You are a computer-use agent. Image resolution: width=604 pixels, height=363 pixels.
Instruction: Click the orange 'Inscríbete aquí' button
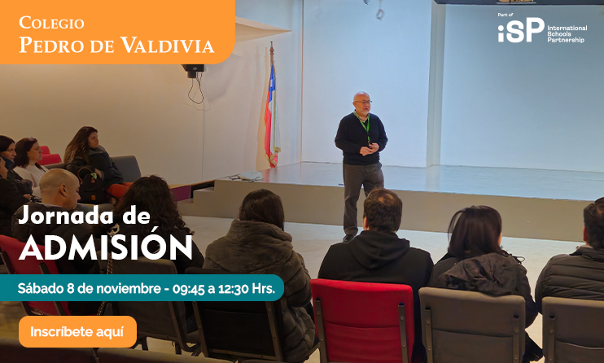point(77,331)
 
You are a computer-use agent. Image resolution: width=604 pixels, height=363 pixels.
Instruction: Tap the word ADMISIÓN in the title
point(106,247)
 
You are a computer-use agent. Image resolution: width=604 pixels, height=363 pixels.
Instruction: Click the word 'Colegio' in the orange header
point(51,23)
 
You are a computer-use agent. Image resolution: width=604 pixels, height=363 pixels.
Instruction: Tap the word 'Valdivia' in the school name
point(167,46)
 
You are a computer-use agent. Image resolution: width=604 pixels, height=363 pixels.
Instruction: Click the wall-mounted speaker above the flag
point(193,71)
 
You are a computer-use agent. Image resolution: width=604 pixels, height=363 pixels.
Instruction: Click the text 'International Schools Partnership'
point(567,33)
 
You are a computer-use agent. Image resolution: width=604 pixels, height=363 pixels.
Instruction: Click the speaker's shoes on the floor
point(350,237)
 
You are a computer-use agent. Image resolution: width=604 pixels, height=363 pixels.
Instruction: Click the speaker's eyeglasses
point(363,103)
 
